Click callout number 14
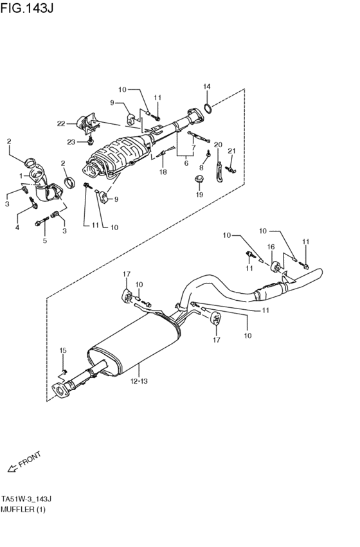tap(207, 87)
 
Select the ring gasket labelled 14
tap(208, 109)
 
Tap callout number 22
tap(61, 123)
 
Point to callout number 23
tap(71, 142)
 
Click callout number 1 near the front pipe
tap(21, 175)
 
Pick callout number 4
tap(17, 228)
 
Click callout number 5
tap(44, 240)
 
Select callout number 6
tap(186, 163)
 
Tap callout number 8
tap(201, 168)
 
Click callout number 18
tap(163, 172)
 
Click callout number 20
tap(218, 145)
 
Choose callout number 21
tap(232, 151)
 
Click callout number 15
tap(63, 350)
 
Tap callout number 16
tap(271, 247)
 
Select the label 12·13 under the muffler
tap(139, 381)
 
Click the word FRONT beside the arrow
tap(30, 459)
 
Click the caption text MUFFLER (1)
tap(23, 509)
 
